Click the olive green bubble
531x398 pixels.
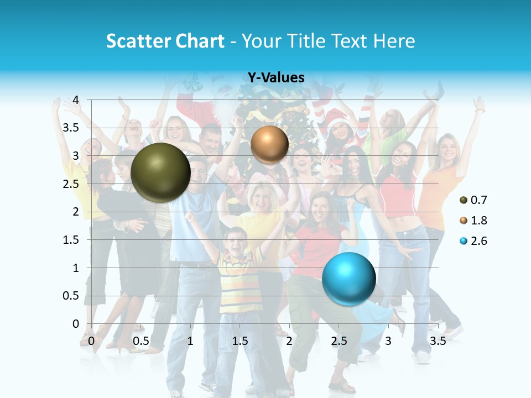(x=160, y=172)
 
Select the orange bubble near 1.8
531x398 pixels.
(x=269, y=144)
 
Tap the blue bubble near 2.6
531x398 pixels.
(x=348, y=279)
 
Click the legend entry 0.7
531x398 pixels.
(x=473, y=200)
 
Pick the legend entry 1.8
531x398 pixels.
(x=473, y=221)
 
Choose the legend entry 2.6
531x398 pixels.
(x=473, y=241)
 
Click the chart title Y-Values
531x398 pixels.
(x=276, y=78)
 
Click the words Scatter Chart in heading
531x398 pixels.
(x=165, y=41)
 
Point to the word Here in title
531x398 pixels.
(x=394, y=41)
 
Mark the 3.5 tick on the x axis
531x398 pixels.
(x=438, y=341)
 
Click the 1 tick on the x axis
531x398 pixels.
(x=190, y=341)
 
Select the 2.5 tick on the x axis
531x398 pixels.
(x=339, y=341)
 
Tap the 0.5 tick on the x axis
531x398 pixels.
(x=141, y=341)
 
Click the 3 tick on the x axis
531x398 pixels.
(x=388, y=341)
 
